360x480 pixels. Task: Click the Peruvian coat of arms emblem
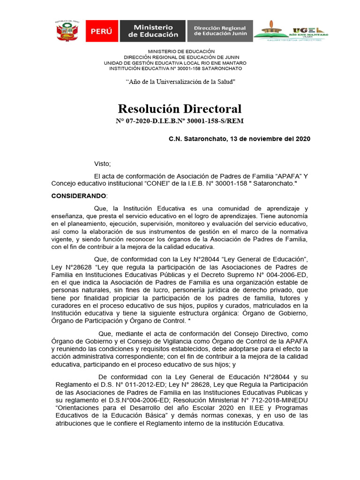tap(67, 32)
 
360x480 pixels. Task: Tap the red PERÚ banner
tap(102, 31)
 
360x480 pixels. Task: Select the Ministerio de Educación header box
tap(153, 31)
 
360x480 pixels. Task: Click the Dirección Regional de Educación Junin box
tap(220, 31)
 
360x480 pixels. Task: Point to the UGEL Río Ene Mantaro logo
tap(291, 31)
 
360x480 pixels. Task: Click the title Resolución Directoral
tap(180, 109)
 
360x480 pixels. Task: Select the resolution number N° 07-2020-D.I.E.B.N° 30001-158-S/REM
tap(180, 121)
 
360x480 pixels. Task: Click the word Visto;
tap(102, 164)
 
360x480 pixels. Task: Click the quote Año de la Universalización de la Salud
tap(180, 82)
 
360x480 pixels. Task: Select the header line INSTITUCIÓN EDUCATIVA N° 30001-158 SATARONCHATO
tap(175, 68)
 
